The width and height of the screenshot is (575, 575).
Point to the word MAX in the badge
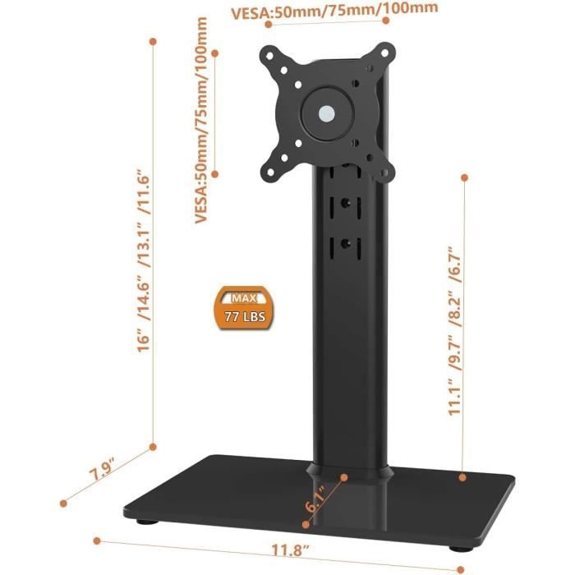pyautogui.click(x=243, y=297)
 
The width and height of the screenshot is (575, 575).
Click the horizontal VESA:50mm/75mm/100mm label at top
pyautogui.click(x=333, y=11)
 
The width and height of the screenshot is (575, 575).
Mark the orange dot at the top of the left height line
pyautogui.click(x=153, y=39)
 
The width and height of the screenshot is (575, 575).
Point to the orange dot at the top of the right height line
pyautogui.click(x=465, y=177)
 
